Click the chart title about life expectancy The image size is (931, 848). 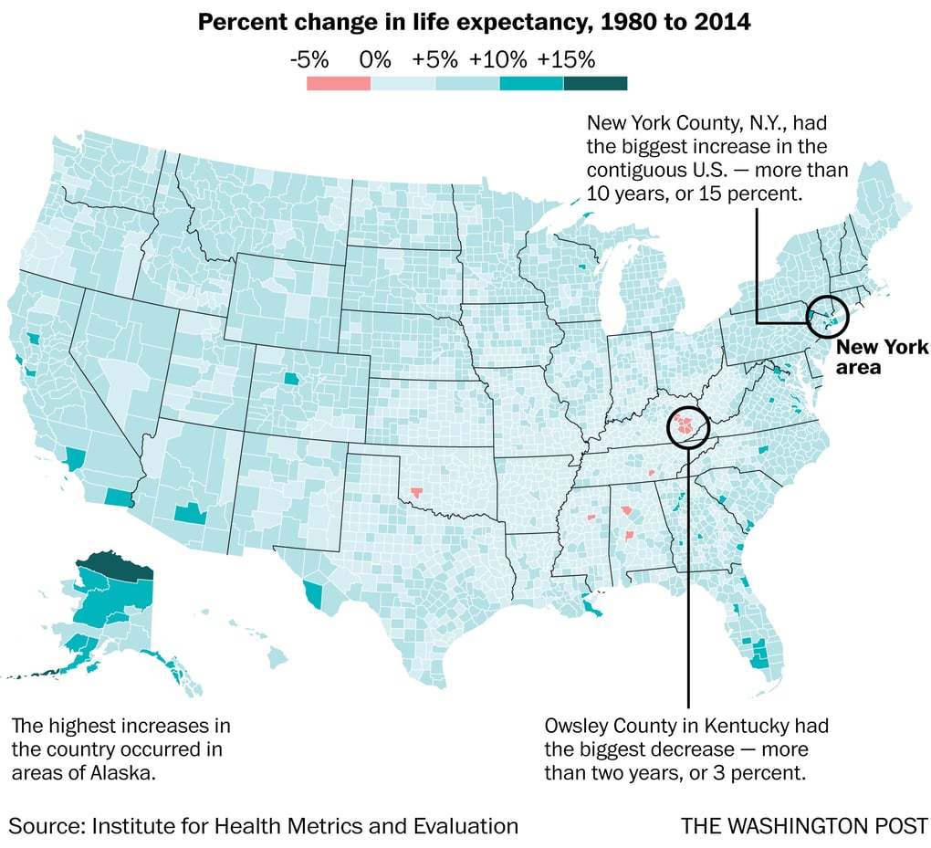point(474,23)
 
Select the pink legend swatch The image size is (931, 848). point(338,84)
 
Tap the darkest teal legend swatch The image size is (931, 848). point(595,84)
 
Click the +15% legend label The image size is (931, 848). point(566,60)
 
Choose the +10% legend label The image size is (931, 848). point(497,60)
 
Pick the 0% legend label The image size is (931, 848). point(374,60)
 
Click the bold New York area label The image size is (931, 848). point(882,357)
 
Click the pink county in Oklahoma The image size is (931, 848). point(417,493)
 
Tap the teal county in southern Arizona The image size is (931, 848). point(189,512)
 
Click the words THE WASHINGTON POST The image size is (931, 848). point(803,826)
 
